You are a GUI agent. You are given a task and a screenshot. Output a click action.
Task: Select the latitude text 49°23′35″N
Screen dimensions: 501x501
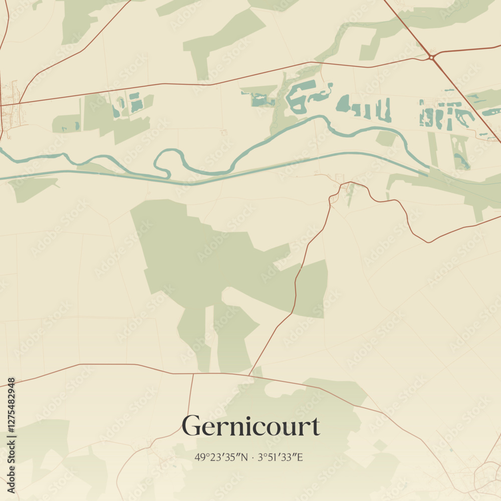coord(221,457)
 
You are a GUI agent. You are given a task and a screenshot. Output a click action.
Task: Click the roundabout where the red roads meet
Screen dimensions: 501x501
coord(431,58)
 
